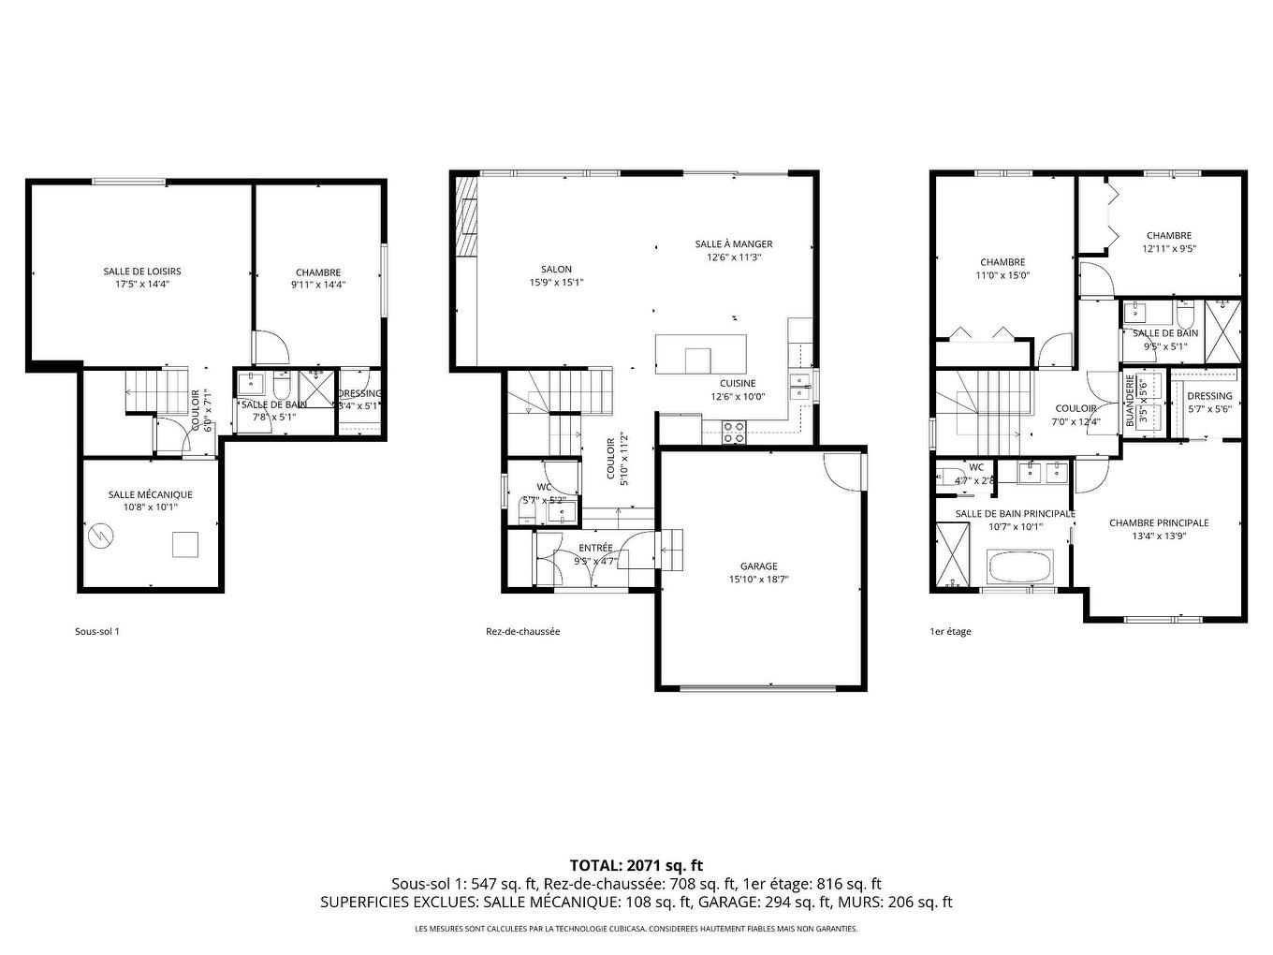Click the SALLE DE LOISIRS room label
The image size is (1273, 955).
click(x=142, y=272)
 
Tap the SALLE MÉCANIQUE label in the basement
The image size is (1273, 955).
click(x=150, y=494)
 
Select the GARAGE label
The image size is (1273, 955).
click(x=758, y=566)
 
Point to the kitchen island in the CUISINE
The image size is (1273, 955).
click(x=700, y=354)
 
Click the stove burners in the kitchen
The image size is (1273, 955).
click(x=735, y=432)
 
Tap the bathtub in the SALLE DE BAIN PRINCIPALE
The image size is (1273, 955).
click(x=1020, y=567)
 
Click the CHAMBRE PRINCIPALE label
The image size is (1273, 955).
click(x=1158, y=523)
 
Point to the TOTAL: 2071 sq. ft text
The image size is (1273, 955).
click(x=636, y=865)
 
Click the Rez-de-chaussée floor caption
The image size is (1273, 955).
click(x=522, y=631)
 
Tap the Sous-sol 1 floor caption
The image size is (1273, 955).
click(x=97, y=631)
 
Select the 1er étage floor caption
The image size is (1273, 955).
click(x=950, y=631)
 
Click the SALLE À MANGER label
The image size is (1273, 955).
click(x=734, y=244)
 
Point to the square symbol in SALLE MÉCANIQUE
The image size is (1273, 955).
click(x=185, y=545)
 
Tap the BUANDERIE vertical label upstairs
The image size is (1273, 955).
click(x=1130, y=402)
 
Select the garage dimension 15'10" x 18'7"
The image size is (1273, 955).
click(x=758, y=580)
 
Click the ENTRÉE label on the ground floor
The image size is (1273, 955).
click(x=595, y=548)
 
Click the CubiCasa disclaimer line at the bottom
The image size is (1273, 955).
click(x=636, y=929)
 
